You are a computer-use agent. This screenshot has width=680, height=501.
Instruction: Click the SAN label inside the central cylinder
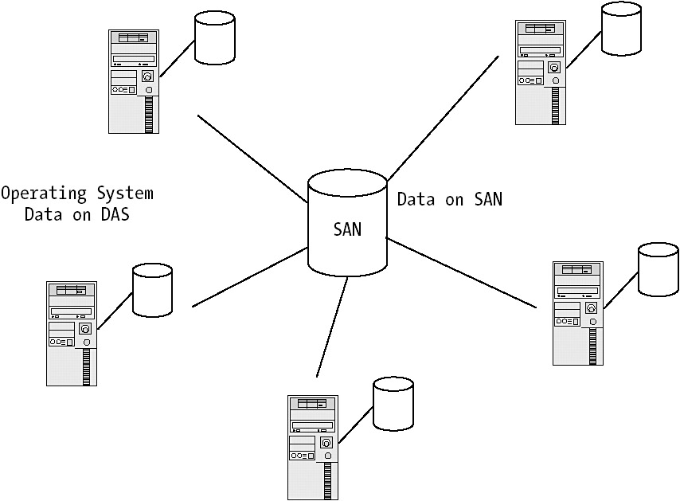[x=347, y=229]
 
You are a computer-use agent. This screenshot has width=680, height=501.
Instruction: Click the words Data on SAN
[x=449, y=199]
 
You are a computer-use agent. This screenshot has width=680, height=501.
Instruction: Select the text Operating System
[x=77, y=193]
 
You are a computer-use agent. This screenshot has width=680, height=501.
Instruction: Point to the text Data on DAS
[x=77, y=213]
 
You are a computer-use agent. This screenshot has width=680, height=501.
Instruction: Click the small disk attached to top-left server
[x=215, y=37]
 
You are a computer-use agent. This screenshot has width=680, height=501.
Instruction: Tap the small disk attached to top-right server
[x=621, y=29]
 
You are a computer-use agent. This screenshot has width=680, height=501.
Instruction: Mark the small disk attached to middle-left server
[x=152, y=290]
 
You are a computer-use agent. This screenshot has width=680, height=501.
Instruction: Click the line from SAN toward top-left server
[x=252, y=158]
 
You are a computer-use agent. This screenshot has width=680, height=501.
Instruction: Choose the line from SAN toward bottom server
[x=332, y=327]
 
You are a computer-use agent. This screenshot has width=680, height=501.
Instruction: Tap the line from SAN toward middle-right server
[x=462, y=272]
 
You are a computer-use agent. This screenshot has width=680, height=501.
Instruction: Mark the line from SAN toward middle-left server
[x=249, y=277]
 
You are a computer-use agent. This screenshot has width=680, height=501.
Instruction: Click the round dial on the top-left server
[x=147, y=77]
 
